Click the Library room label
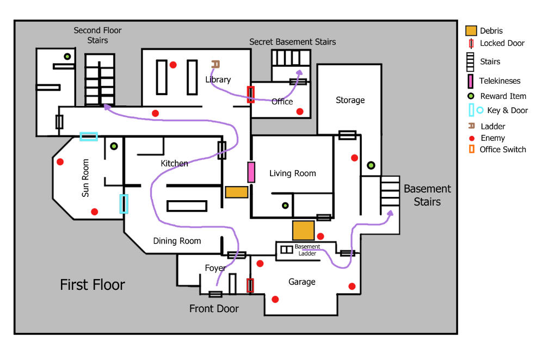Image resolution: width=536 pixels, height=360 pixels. click(x=218, y=79)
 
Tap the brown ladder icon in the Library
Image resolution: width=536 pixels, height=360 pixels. click(x=215, y=64)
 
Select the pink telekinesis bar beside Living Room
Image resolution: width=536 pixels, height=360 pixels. click(x=251, y=172)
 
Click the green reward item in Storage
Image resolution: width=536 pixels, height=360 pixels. click(x=371, y=165)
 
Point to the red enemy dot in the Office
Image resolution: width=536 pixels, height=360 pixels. click(x=299, y=111)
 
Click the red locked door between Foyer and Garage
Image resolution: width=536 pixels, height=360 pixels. click(x=250, y=285)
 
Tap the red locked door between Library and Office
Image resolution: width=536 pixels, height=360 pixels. click(x=250, y=94)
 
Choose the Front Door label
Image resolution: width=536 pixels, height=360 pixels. click(x=214, y=309)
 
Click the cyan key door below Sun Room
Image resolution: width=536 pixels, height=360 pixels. click(x=124, y=204)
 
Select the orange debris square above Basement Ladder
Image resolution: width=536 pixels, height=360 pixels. click(x=303, y=230)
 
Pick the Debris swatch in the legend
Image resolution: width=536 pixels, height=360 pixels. click(x=471, y=31)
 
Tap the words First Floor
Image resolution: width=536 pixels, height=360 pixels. click(x=93, y=284)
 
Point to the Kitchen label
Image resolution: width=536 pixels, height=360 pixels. click(x=174, y=163)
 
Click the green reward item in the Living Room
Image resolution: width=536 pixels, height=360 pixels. click(x=285, y=206)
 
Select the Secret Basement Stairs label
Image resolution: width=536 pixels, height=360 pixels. click(x=292, y=42)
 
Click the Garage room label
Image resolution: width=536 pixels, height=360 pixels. click(x=301, y=282)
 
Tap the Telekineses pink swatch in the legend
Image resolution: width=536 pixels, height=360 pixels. click(x=471, y=81)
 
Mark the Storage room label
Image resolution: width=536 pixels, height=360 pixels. click(x=350, y=100)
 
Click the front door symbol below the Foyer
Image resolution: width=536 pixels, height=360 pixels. click(x=215, y=294)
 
